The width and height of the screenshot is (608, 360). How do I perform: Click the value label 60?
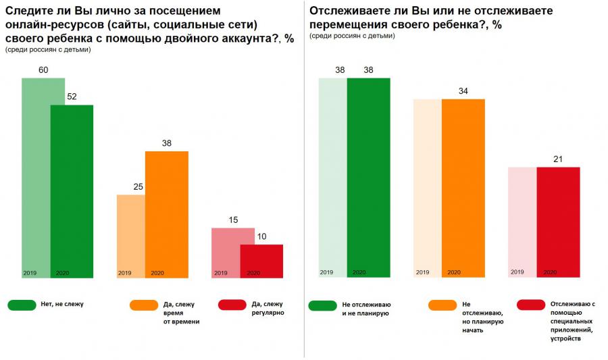43,70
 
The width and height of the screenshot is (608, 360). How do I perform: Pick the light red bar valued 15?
226,250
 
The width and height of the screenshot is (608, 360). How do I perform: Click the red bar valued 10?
261,260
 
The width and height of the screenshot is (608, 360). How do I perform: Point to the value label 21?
558,159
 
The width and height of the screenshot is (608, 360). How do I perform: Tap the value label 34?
463,91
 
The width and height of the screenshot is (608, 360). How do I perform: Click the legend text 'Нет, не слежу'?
63,305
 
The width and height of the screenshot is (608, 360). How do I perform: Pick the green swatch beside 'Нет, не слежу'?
22,305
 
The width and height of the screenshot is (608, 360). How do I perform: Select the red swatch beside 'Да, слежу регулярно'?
232,305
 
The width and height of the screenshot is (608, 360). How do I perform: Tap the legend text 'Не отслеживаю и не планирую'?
368,309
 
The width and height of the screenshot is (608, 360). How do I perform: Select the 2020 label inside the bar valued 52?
62,273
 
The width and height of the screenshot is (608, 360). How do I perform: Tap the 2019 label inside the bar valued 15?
220,273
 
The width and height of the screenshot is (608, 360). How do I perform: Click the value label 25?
138,187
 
